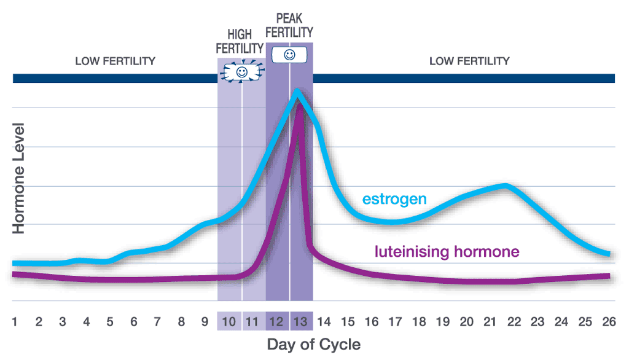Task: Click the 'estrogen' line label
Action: tap(394, 199)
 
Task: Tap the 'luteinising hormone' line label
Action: tap(447, 251)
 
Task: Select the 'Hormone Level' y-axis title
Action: tap(19, 178)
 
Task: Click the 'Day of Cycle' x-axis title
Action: tap(313, 344)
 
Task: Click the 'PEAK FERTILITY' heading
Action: tap(290, 26)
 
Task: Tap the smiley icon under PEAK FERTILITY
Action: tap(289, 55)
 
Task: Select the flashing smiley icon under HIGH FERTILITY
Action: tap(241, 72)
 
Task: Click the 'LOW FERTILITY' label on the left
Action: tap(115, 61)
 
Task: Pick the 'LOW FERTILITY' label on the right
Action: tap(469, 61)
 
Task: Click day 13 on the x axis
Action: tap(300, 321)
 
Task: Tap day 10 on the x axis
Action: tap(229, 321)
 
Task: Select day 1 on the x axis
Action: tap(14, 321)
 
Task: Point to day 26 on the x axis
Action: tap(608, 321)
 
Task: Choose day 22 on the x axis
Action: tap(514, 321)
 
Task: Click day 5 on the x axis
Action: tap(110, 321)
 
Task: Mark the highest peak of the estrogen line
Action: tap(298, 93)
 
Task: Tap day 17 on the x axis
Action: tap(394, 321)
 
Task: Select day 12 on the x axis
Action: tap(276, 321)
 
